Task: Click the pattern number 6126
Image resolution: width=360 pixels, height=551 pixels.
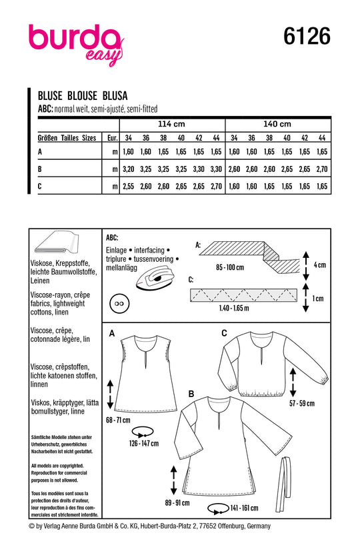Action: [307, 36]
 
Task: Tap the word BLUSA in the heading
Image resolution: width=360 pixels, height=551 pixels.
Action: [115, 95]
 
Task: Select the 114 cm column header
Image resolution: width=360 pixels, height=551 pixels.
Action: [171, 124]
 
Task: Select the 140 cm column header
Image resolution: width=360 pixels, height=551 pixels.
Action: [277, 124]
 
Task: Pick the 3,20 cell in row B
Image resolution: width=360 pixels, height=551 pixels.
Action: [128, 169]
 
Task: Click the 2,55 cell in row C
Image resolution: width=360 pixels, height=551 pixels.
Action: [128, 187]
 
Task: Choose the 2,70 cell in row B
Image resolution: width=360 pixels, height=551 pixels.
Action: [322, 169]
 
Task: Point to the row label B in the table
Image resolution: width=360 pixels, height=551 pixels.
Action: [40, 169]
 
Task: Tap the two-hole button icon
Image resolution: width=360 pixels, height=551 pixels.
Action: [119, 304]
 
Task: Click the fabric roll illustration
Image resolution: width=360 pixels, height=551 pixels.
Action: [56, 243]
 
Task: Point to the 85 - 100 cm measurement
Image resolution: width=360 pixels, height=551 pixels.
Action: [230, 267]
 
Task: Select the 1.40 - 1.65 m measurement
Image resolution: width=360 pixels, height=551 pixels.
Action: [234, 308]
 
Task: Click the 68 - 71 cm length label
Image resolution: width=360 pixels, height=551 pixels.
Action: [118, 420]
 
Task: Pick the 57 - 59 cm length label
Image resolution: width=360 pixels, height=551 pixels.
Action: [302, 403]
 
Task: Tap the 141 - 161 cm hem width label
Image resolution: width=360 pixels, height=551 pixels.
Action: [245, 508]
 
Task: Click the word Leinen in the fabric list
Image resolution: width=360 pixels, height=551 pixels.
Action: [40, 280]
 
